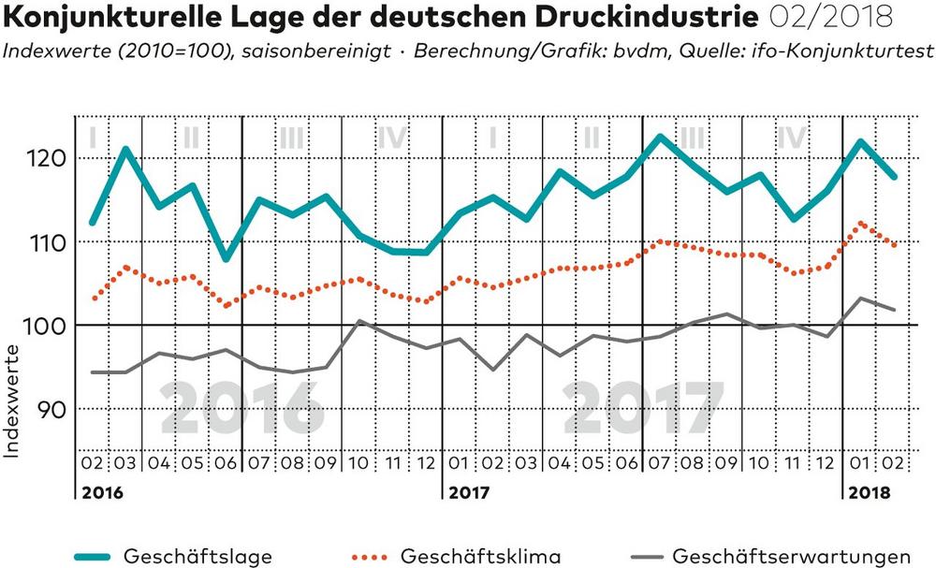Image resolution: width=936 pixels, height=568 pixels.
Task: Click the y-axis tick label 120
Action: [46, 158]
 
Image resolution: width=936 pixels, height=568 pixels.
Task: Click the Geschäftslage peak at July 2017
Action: [661, 138]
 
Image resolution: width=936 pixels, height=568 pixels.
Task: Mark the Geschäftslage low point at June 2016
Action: [226, 258]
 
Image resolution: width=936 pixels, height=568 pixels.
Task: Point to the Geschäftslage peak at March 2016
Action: [125, 149]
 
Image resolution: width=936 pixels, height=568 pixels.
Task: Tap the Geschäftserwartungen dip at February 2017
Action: [493, 370]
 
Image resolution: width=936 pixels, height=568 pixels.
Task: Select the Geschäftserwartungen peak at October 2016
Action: [359, 321]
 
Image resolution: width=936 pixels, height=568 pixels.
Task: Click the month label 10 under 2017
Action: [760, 464]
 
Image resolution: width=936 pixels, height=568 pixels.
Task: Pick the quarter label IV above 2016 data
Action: [392, 138]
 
